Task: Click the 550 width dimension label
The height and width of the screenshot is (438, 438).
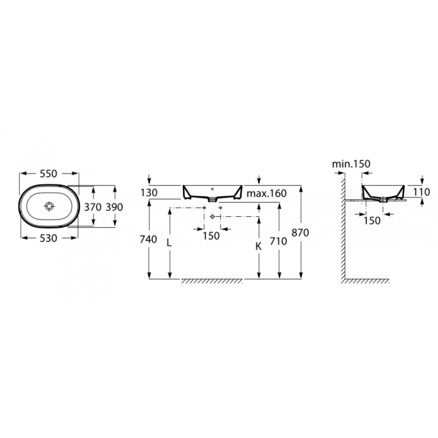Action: pyautogui.click(x=48, y=174)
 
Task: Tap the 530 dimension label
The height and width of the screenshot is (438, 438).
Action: pyautogui.click(x=48, y=238)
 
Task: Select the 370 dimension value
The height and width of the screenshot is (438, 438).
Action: pyautogui.click(x=92, y=207)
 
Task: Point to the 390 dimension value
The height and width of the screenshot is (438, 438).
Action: pyautogui.click(x=114, y=207)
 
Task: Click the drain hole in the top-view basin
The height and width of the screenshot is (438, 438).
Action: pyautogui.click(x=49, y=206)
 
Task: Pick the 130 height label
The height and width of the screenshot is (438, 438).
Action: pyautogui.click(x=149, y=193)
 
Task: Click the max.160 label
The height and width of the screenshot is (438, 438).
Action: pyautogui.click(x=266, y=193)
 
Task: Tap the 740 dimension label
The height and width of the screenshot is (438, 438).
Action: pyautogui.click(x=148, y=239)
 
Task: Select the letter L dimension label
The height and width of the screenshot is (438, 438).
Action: pyautogui.click(x=169, y=243)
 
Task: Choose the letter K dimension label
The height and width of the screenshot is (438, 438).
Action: pyautogui.click(x=258, y=246)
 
